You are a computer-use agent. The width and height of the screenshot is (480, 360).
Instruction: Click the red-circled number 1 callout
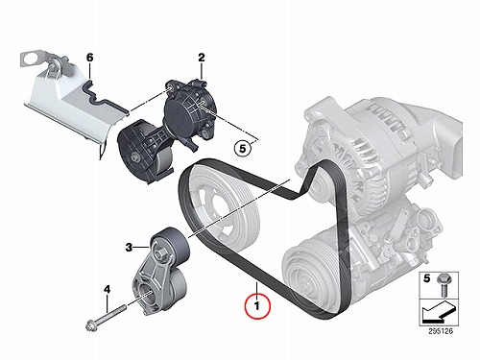(x=257, y=306)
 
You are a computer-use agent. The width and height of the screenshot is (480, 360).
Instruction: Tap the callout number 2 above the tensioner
(x=201, y=58)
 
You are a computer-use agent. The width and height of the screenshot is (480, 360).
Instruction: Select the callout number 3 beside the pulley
(x=129, y=248)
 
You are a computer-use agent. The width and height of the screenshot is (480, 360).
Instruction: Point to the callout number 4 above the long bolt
(x=107, y=290)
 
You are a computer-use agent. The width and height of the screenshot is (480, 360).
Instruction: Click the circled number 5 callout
(x=242, y=149)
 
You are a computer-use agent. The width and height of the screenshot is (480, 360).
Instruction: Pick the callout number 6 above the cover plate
(x=90, y=58)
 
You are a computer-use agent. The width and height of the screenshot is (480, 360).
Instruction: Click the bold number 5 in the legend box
(x=426, y=278)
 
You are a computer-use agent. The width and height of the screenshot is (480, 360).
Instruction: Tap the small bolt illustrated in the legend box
(x=444, y=285)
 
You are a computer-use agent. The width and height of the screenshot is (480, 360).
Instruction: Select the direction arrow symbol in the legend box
(x=439, y=312)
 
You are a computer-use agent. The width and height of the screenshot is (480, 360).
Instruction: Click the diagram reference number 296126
(x=441, y=331)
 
